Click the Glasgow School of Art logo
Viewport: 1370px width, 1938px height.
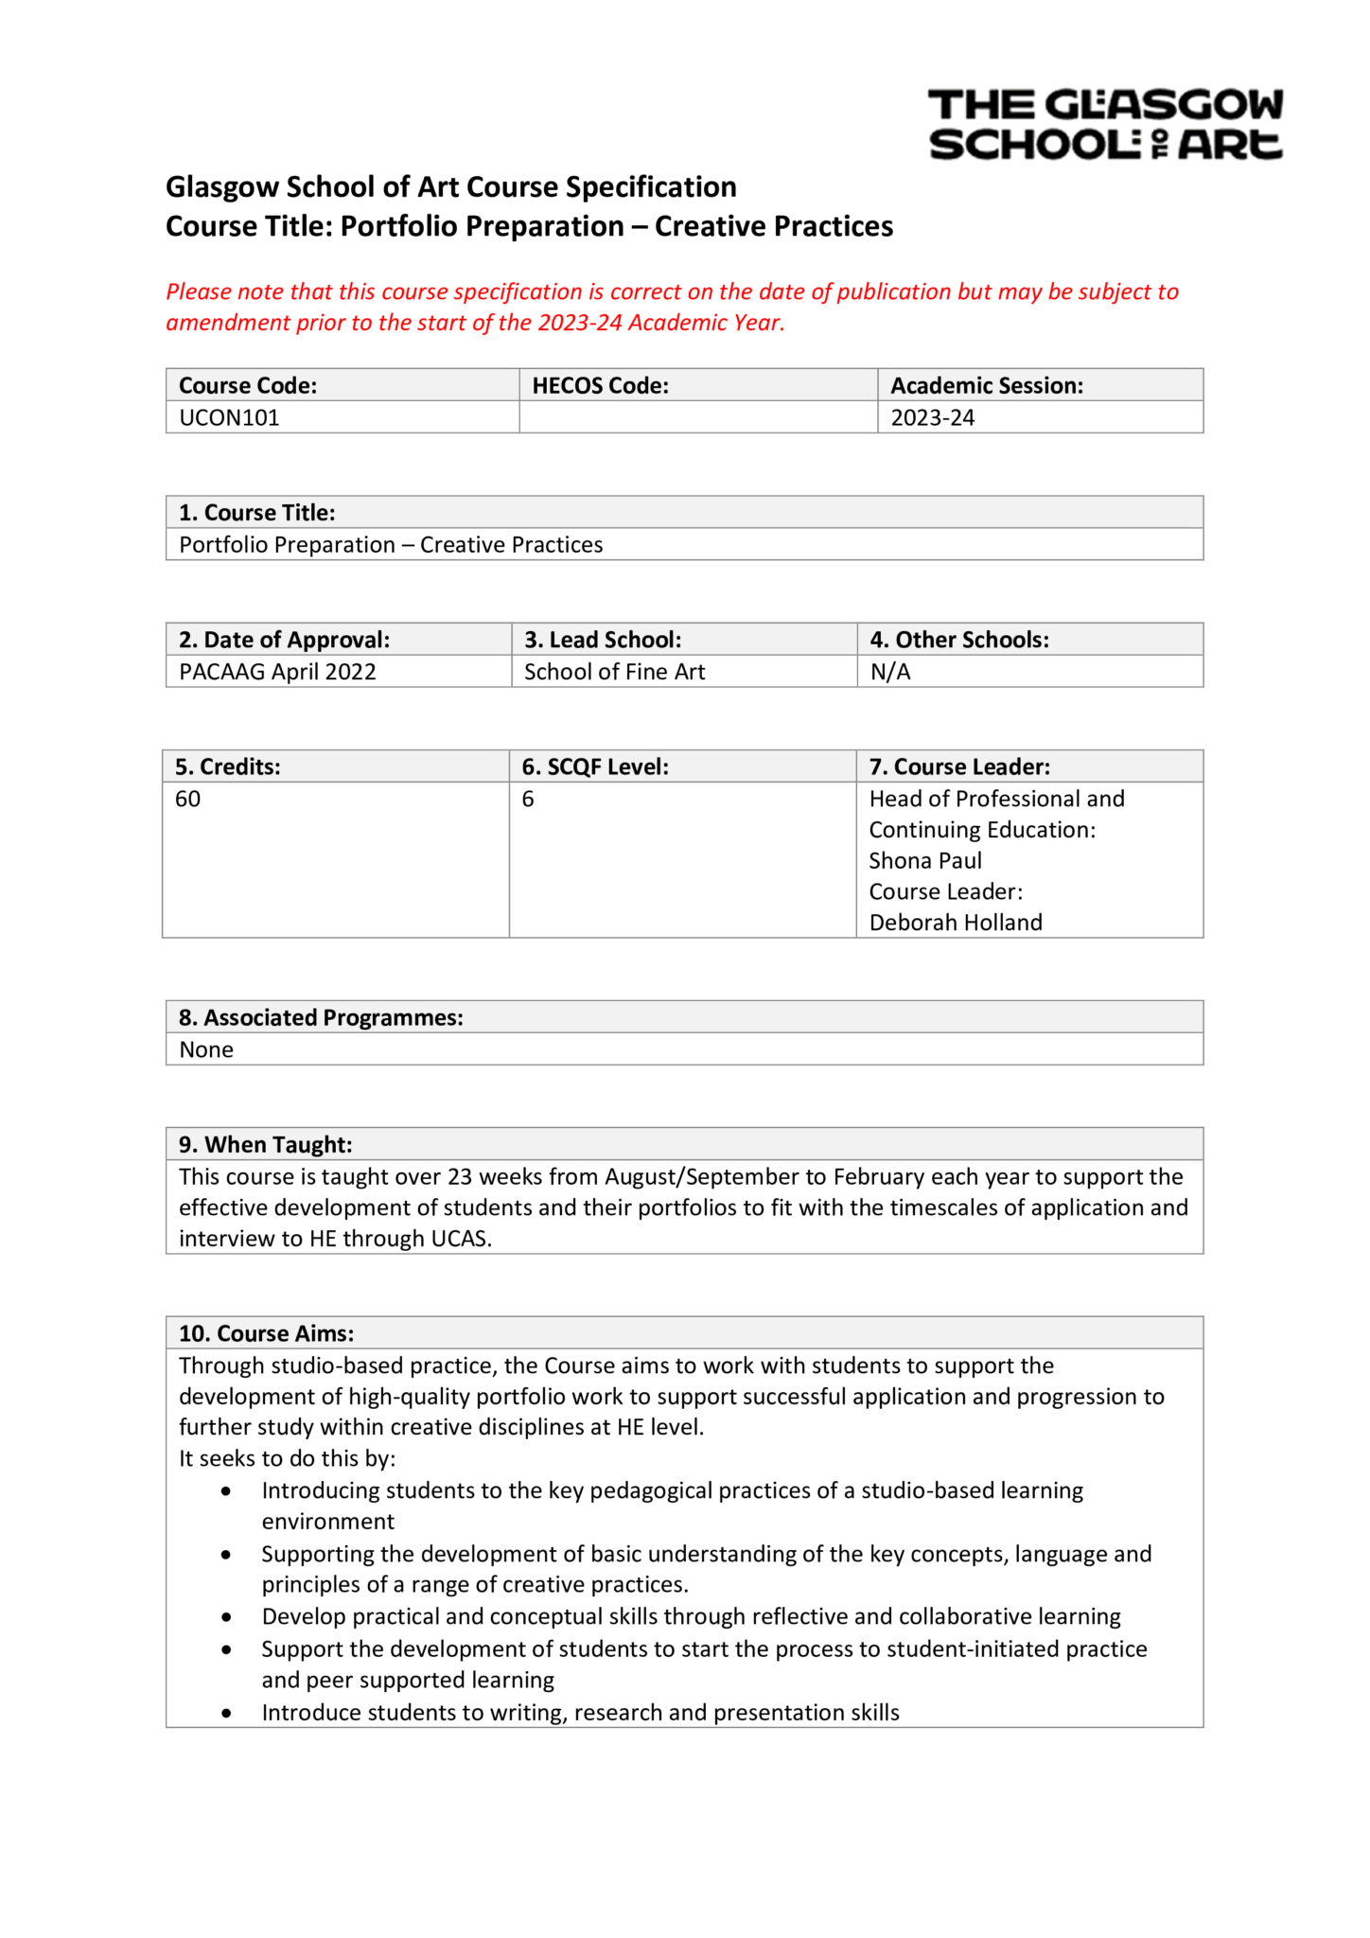coord(1104,124)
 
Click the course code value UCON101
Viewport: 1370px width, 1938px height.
coord(229,417)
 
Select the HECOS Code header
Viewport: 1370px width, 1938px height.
coord(600,385)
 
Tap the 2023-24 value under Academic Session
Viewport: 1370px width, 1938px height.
coord(932,417)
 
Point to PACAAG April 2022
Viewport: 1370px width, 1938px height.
coord(277,672)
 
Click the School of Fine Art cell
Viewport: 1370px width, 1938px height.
coord(614,672)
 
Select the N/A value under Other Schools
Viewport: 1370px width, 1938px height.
coord(889,672)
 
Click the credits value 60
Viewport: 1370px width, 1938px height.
coord(187,799)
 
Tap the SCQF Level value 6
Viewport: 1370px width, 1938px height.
coord(528,799)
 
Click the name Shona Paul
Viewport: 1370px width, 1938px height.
coord(924,860)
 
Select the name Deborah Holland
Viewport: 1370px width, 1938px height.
coord(955,923)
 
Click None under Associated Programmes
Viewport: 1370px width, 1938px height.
coord(206,1049)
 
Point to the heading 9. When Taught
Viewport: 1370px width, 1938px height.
coord(265,1144)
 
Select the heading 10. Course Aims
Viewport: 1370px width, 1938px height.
coord(266,1333)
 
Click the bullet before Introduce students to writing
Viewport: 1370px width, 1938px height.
coord(225,1713)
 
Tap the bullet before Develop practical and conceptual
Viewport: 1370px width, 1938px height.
coord(225,1617)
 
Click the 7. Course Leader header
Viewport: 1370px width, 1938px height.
coord(959,766)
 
